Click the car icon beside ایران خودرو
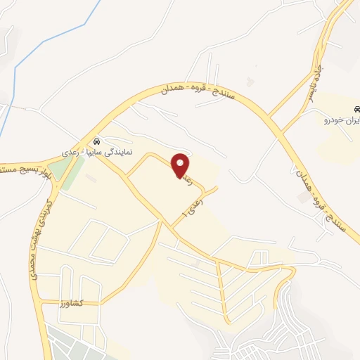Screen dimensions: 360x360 (356, 109)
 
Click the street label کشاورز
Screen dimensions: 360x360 (72, 302)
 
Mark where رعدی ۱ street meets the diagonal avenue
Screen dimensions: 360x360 (171, 224)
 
